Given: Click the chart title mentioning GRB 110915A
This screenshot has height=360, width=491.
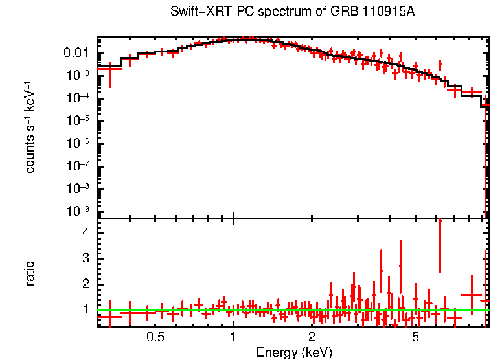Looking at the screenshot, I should pos(292,12).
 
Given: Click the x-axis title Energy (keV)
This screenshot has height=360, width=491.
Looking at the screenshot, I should pos(294,353).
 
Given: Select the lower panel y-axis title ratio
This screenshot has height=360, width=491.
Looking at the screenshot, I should pos(30,273).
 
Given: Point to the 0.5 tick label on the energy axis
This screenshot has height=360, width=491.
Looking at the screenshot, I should pos(155,337).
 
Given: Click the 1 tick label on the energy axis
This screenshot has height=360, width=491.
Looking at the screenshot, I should pos(233,337).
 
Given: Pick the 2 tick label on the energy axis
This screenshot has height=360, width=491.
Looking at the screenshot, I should pos(312,337).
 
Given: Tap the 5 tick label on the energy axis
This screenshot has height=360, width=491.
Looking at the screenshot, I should pos(415,337).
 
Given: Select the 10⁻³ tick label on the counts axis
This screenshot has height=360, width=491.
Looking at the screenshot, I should pos(78,75).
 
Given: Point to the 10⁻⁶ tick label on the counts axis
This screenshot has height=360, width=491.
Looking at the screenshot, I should pos(78,143).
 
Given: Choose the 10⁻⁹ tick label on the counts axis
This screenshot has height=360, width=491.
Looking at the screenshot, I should pos(78,211).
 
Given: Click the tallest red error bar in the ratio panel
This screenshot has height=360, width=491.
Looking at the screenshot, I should pos(440,246).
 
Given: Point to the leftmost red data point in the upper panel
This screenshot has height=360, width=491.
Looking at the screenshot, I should pos(109,68).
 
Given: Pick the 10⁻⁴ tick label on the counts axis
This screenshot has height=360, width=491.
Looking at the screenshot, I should pos(78,98).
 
